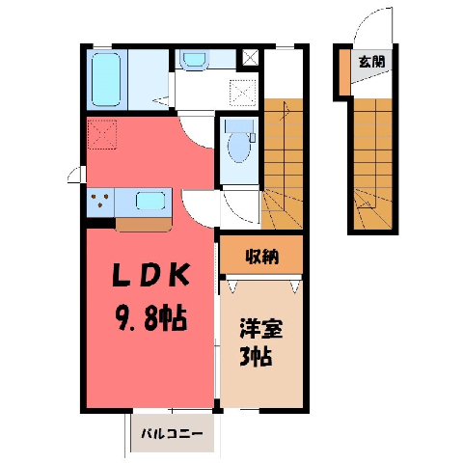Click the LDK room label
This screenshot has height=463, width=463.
(150, 275)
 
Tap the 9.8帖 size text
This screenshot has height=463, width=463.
(150, 318)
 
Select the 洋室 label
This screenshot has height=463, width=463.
(261, 328)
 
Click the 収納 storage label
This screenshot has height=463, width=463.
(262, 257)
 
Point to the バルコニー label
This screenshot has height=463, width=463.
(173, 433)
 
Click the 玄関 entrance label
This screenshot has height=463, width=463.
(371, 61)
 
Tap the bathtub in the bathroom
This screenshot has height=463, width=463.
(106, 79)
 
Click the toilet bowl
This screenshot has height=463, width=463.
(239, 147)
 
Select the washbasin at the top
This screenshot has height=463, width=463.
(194, 59)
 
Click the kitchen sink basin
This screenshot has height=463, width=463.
(150, 201)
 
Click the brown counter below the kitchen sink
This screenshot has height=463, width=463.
(144, 225)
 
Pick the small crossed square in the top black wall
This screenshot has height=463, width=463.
(250, 57)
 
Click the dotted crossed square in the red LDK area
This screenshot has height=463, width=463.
(102, 134)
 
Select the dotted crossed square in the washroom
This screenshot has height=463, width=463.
(243, 93)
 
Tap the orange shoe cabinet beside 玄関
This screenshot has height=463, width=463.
(344, 72)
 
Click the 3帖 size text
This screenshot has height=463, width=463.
(256, 357)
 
